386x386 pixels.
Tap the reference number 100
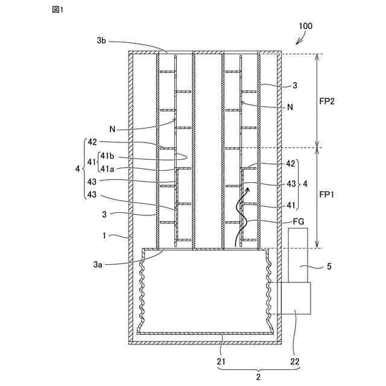pyautogui.click(x=306, y=27)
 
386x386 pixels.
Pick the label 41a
pyautogui.click(x=109, y=169)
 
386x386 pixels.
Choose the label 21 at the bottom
pyautogui.click(x=223, y=361)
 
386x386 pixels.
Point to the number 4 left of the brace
pyautogui.click(x=77, y=169)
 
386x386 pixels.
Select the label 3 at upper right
pyautogui.click(x=294, y=86)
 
